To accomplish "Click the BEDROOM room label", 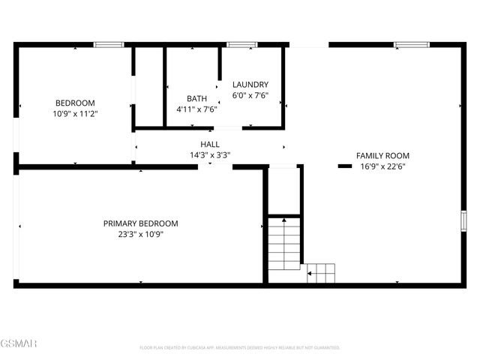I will [75, 103].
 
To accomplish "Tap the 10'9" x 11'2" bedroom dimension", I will [75, 113].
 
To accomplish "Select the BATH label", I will [196, 98].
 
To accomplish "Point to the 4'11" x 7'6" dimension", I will [196, 109].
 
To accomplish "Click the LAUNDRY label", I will [250, 85].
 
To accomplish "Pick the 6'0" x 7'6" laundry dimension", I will [250, 95].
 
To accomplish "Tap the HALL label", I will [210, 144].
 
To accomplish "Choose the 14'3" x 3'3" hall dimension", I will [210, 155].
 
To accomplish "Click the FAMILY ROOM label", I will [382, 156].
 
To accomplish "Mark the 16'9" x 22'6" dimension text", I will [382, 166].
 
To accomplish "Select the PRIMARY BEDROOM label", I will [140, 223].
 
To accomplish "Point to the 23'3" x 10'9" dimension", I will [140, 234].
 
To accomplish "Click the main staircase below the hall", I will [285, 244].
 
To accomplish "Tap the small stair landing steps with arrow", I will [321, 273].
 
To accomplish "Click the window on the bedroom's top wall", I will [109, 45].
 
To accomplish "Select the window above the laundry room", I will [242, 45].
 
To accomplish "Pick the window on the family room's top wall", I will [412, 45].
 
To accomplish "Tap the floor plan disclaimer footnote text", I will [240, 348].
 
